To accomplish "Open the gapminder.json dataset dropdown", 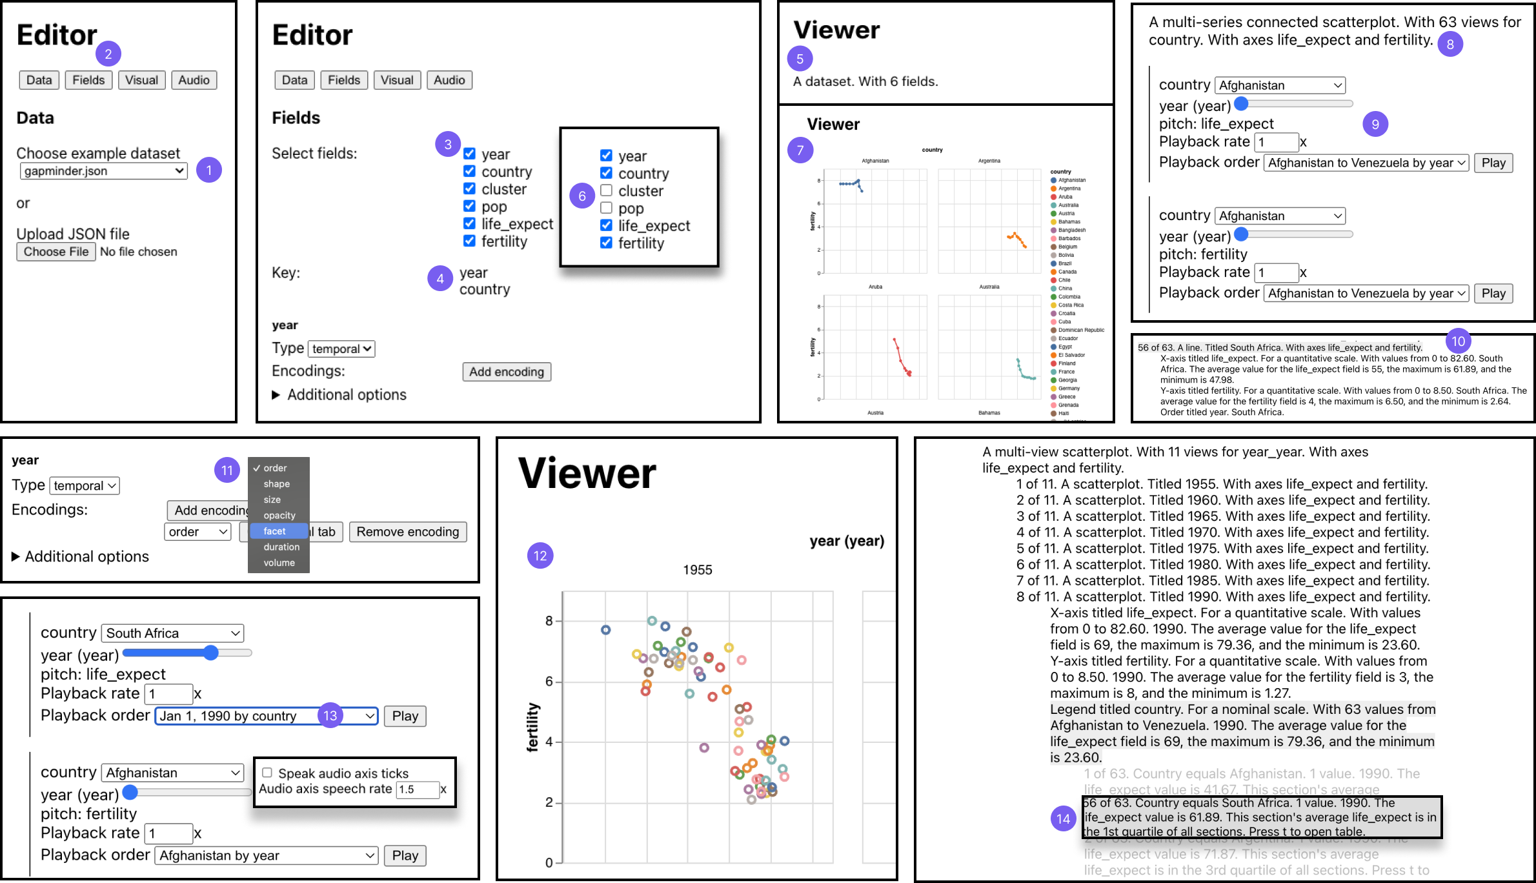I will pyautogui.click(x=103, y=171).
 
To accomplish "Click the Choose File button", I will pyautogui.click(x=56, y=252).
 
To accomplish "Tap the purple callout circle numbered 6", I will pyautogui.click(x=581, y=196).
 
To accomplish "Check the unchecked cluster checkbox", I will pyautogui.click(x=606, y=190).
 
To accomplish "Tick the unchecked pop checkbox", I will pyautogui.click(x=606, y=208).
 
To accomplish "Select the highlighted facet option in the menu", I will pyautogui.click(x=274, y=531).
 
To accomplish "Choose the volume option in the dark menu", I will pyautogui.click(x=279, y=563).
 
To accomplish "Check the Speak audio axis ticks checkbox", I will pyautogui.click(x=267, y=773).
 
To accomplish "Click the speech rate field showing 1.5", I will pyautogui.click(x=417, y=789).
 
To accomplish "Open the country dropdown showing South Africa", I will pyautogui.click(x=172, y=633).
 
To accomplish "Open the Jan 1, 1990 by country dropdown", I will pyautogui.click(x=266, y=716).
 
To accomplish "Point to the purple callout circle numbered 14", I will pyautogui.click(x=1063, y=819).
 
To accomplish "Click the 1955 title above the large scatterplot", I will pyautogui.click(x=697, y=570).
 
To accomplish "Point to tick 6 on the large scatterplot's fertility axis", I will pyautogui.click(x=549, y=682).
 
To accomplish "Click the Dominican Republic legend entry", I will pyautogui.click(x=1081, y=330).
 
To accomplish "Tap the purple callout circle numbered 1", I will pyautogui.click(x=208, y=170).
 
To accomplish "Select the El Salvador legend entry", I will pyautogui.click(x=1071, y=355).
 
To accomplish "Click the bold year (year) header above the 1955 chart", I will pyautogui.click(x=846, y=541).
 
